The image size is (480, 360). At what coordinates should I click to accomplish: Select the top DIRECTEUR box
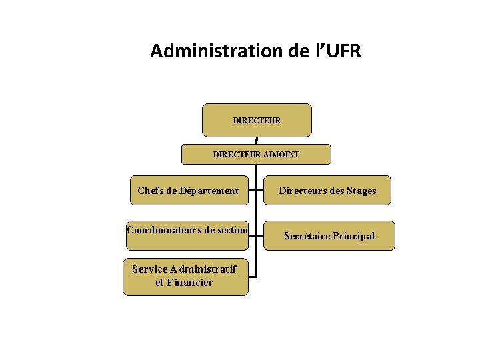[x=257, y=120]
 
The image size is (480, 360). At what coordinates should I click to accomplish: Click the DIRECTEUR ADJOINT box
[x=256, y=154]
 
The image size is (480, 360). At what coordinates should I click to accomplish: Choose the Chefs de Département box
[x=187, y=191]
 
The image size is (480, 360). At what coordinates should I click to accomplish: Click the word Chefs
[x=148, y=191]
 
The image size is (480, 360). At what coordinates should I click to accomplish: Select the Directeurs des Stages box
[x=327, y=191]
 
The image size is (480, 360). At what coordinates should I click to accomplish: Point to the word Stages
[x=361, y=191]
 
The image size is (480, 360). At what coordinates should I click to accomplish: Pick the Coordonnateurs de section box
[x=187, y=231]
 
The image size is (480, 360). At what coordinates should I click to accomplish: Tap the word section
[x=232, y=231]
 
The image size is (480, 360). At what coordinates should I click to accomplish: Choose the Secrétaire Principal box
[x=329, y=235]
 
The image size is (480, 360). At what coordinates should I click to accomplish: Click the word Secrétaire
[x=307, y=235]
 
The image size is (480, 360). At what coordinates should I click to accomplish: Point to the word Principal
[x=353, y=235]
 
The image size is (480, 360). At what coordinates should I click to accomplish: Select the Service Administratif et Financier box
[x=185, y=276]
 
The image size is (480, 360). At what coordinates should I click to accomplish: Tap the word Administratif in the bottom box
[x=203, y=269]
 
